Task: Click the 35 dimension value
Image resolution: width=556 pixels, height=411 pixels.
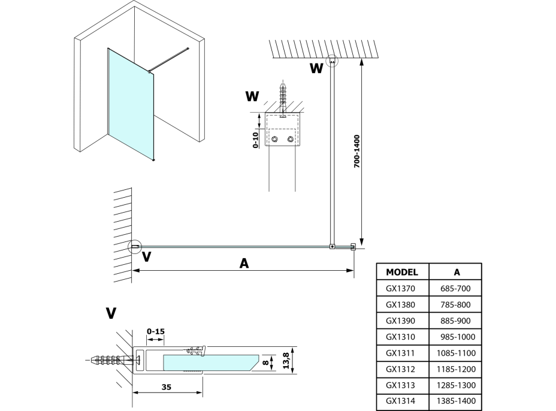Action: pos(167,387)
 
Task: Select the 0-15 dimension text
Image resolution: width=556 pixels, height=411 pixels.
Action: pos(155,331)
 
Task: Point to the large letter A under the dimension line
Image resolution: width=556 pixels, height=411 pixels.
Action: pos(243,262)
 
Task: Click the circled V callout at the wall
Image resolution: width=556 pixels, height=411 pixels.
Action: pos(135,246)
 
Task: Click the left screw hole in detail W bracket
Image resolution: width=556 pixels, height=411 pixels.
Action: pos(275,140)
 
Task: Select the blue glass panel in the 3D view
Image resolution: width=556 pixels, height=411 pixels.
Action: pos(130,103)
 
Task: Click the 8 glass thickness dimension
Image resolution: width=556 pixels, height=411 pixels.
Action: pos(265,362)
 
